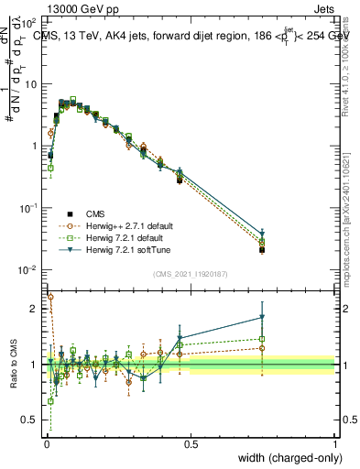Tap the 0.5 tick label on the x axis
(191, 444)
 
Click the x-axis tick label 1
(334, 444)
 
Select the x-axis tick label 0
(46, 444)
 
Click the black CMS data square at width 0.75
(262, 249)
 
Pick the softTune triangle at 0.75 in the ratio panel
(262, 317)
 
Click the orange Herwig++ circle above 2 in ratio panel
(50, 297)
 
